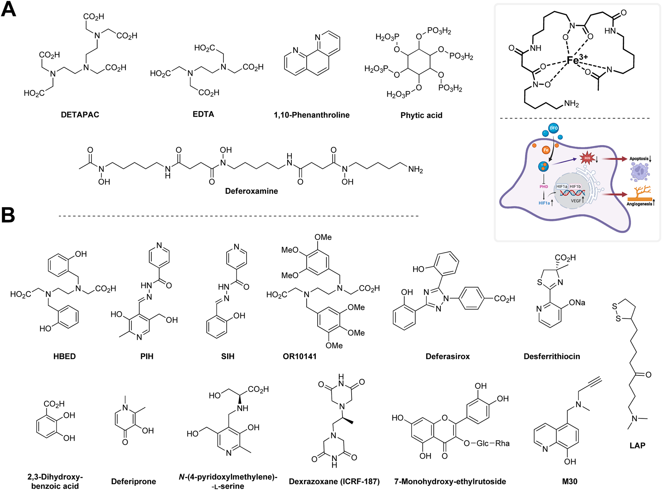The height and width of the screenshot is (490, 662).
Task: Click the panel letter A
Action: point(9,9)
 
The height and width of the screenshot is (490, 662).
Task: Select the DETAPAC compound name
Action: point(80,115)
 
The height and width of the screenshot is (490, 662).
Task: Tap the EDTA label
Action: point(203,115)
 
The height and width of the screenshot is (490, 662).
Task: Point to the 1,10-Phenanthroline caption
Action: point(312,115)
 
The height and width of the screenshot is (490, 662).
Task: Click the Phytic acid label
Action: point(421,116)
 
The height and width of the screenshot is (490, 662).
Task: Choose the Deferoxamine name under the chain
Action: point(251,191)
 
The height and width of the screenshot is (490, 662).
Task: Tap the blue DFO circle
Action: point(553,128)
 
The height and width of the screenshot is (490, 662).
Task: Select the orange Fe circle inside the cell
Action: point(546,150)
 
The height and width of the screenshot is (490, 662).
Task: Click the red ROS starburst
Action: point(587,158)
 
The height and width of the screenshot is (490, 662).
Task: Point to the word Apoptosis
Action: point(639,159)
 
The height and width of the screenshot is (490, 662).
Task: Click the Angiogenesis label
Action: point(639,204)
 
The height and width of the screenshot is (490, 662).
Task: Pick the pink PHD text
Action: point(544,187)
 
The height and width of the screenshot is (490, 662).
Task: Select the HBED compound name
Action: point(64,356)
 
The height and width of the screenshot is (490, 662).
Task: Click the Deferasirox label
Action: point(448,357)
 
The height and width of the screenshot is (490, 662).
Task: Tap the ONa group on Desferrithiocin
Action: point(577,303)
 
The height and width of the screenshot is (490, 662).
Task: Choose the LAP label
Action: point(637,445)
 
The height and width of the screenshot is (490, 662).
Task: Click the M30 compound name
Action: point(570,482)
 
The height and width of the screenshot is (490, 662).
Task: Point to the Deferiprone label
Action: point(133,482)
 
